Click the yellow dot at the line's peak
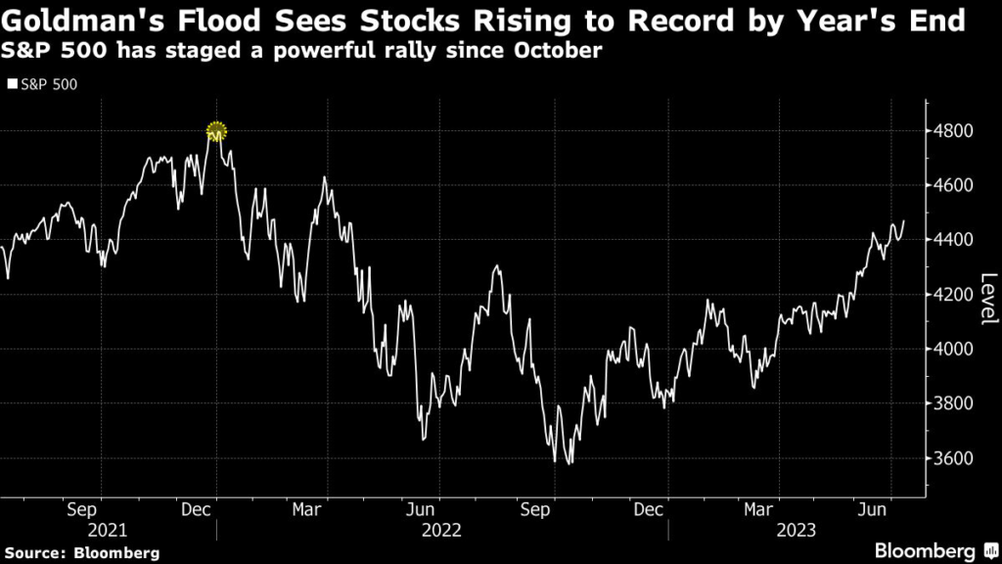pyautogui.click(x=216, y=131)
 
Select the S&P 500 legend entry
pyautogui.click(x=43, y=85)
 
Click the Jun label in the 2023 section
pyautogui.click(x=872, y=509)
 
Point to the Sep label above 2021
pyautogui.click(x=82, y=509)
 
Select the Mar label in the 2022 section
pyautogui.click(x=307, y=509)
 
